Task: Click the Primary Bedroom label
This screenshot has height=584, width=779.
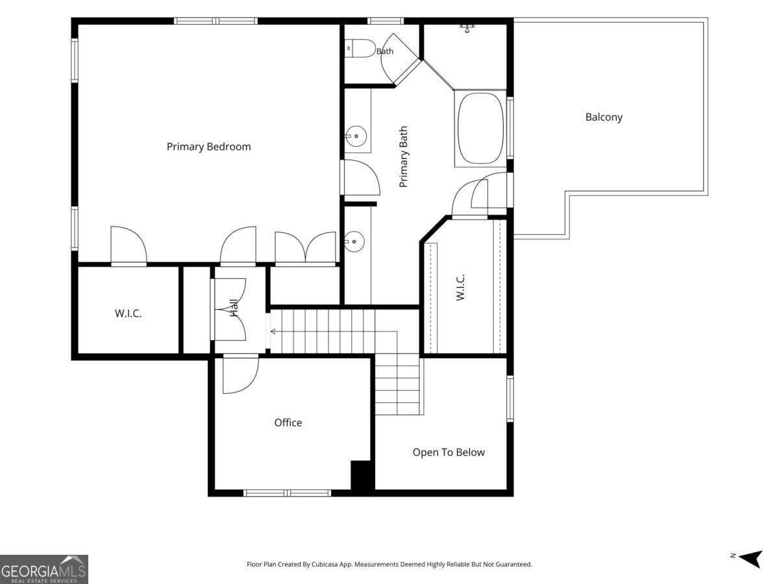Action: click(x=208, y=147)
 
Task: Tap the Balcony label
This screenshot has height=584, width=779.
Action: click(x=604, y=117)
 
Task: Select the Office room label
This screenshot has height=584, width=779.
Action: click(x=288, y=422)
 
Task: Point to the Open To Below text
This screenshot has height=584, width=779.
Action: click(x=449, y=452)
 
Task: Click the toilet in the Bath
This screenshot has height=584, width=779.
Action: click(x=360, y=48)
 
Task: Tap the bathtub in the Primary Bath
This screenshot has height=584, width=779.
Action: click(x=481, y=128)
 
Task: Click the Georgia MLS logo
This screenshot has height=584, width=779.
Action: click(x=43, y=569)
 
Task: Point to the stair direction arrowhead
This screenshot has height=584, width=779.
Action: click(x=273, y=332)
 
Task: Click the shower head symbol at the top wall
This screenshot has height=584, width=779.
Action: click(x=468, y=28)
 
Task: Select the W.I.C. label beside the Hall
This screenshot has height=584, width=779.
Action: click(x=128, y=313)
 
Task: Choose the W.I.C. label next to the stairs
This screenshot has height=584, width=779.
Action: click(x=460, y=287)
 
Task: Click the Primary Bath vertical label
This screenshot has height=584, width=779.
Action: click(x=403, y=156)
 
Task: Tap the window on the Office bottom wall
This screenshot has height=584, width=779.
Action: click(x=287, y=493)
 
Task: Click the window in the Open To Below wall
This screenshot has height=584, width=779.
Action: click(x=510, y=399)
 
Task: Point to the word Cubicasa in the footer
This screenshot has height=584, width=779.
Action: click(x=325, y=564)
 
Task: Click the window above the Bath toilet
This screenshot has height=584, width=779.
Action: click(x=386, y=21)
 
